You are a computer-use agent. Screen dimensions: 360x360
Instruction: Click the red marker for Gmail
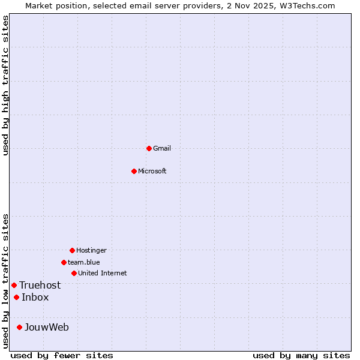(x=149, y=148)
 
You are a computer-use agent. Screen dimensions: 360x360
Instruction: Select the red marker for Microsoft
(x=134, y=171)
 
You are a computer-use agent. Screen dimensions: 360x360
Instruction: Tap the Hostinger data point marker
(x=72, y=250)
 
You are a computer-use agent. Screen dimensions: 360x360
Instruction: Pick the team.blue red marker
(x=64, y=262)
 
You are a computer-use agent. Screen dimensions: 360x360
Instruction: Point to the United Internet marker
(x=74, y=273)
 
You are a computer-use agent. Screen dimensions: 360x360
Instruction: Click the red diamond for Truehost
(x=14, y=285)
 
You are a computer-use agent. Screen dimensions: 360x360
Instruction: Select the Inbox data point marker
(x=16, y=297)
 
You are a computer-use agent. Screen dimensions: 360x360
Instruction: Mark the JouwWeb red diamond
(x=19, y=327)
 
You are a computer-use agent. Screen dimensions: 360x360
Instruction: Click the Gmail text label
(x=162, y=148)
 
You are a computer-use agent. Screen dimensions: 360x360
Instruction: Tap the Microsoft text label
(x=152, y=171)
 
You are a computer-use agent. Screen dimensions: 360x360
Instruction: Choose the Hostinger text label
(x=91, y=250)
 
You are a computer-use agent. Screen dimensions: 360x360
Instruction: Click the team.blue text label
(x=83, y=262)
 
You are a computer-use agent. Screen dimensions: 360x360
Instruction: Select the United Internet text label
(x=102, y=273)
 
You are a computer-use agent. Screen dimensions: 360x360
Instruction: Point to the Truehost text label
(x=40, y=285)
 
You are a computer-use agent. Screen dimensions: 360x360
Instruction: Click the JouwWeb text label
(x=46, y=327)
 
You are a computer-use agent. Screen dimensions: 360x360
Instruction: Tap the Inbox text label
(x=35, y=297)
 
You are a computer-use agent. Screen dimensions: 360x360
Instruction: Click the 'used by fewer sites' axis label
(x=62, y=355)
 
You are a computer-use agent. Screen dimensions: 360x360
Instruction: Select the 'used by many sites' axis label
(x=301, y=355)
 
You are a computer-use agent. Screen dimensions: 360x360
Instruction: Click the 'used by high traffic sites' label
(x=5, y=85)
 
